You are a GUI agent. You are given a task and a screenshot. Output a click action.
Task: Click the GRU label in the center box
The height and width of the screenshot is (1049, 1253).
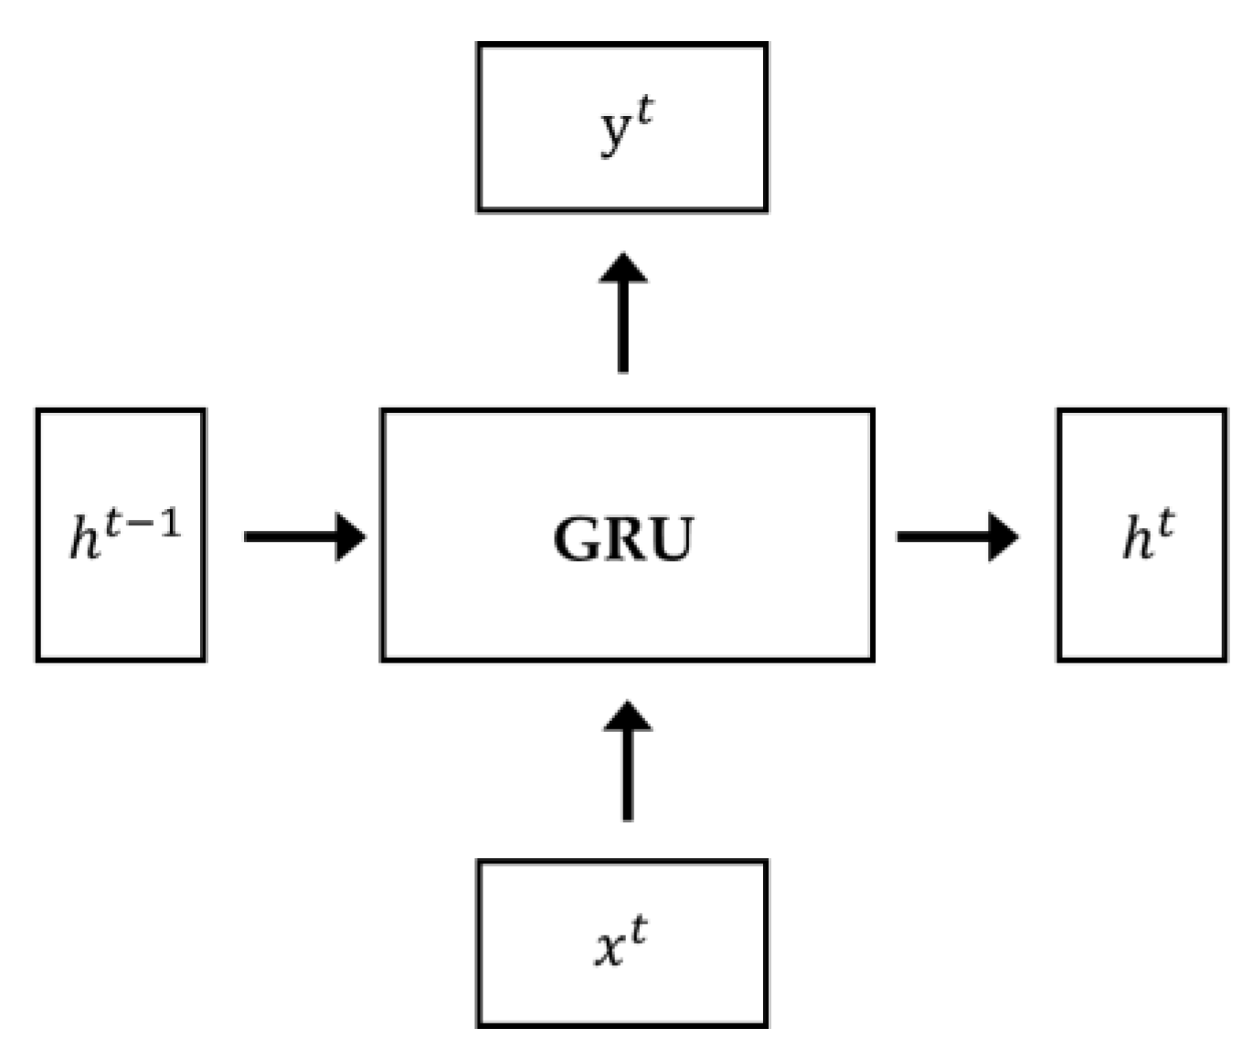click(623, 539)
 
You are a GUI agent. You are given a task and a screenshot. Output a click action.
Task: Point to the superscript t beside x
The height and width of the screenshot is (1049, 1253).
click(637, 931)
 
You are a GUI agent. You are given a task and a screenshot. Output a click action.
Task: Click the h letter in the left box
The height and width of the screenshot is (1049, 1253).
click(84, 538)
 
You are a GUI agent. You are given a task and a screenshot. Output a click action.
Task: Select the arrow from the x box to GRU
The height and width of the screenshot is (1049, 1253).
click(627, 761)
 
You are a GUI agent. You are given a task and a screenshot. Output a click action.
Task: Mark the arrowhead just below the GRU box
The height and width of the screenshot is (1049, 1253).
click(627, 717)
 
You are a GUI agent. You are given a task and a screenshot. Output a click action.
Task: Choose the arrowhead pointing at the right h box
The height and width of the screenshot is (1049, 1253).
click(1003, 536)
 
